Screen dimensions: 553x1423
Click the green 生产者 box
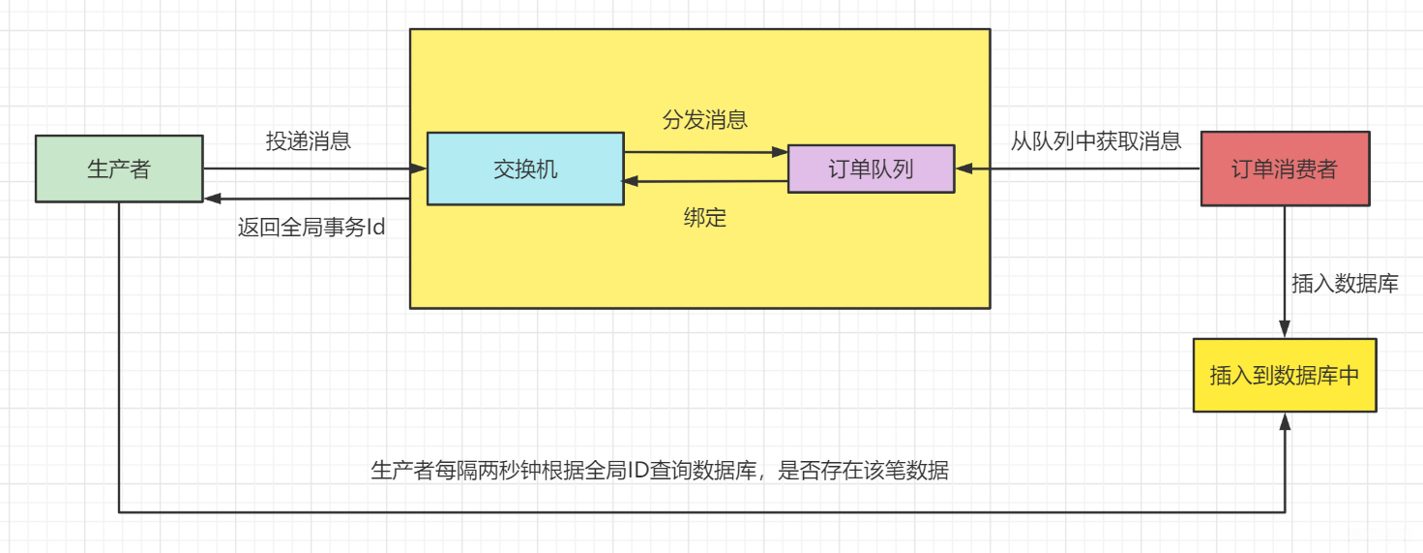click(x=119, y=169)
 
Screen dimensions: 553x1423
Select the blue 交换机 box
click(x=525, y=169)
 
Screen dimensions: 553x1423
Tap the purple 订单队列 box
click(x=871, y=169)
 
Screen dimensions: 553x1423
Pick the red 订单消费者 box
click(x=1285, y=169)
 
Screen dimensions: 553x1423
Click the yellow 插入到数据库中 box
click(x=1285, y=376)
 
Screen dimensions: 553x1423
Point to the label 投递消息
click(x=309, y=141)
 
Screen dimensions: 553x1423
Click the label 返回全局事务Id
click(x=311, y=230)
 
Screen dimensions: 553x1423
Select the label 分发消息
click(x=705, y=120)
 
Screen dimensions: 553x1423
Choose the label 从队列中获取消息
click(x=1096, y=141)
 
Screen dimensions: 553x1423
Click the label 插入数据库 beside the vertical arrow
click(x=1345, y=285)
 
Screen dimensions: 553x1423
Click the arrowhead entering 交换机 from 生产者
click(x=419, y=169)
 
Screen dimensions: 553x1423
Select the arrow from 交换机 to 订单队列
click(x=705, y=152)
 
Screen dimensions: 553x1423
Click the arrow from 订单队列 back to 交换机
click(x=705, y=181)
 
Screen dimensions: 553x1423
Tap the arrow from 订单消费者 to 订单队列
click(x=1078, y=169)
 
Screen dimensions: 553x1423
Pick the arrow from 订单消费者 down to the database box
click(x=1285, y=271)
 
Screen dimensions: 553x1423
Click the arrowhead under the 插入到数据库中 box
click(x=1285, y=420)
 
